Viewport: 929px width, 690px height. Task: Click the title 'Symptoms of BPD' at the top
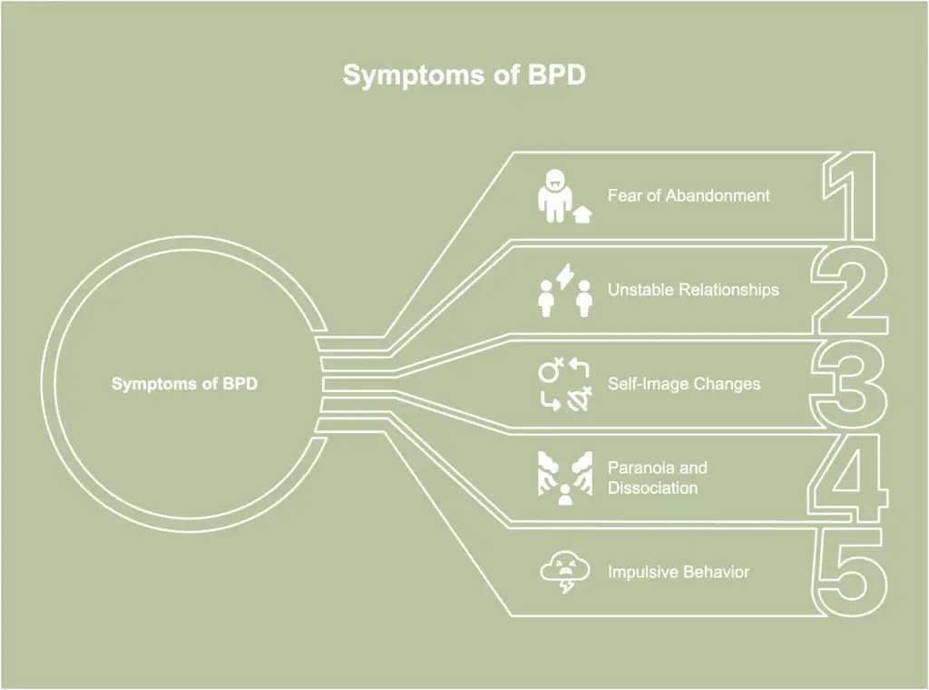coord(464,74)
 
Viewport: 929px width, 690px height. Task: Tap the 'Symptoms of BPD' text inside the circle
coord(184,383)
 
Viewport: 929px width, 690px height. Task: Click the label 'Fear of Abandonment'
coord(689,195)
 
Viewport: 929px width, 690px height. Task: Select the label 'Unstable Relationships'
coord(693,290)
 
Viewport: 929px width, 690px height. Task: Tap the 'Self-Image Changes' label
coord(684,384)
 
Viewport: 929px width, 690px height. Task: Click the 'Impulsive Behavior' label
coord(679,572)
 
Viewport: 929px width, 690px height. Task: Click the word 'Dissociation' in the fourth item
coord(652,488)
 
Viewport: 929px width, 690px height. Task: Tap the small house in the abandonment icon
coord(582,214)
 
